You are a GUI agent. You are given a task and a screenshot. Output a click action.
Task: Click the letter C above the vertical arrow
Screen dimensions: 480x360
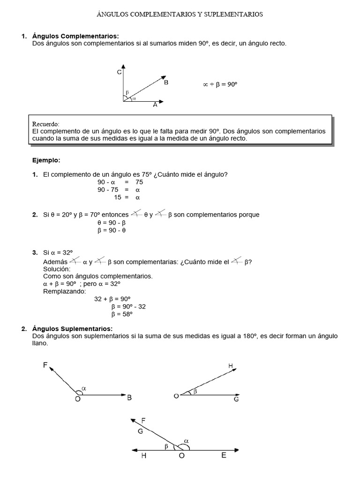coord(119,72)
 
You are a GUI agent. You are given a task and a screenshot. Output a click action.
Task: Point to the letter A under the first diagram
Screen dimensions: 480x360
coord(155,105)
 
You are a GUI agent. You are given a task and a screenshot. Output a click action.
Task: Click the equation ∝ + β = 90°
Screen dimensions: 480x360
coord(220,84)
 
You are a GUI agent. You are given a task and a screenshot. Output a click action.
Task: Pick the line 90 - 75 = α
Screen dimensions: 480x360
coord(119,190)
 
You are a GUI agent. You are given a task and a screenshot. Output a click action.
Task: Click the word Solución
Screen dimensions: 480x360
coord(57,269)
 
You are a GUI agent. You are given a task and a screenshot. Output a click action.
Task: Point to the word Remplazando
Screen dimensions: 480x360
coord(65,291)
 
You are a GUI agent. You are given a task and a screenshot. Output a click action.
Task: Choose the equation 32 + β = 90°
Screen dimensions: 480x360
coord(112,299)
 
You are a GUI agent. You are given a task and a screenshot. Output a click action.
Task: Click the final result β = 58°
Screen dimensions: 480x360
coord(122,315)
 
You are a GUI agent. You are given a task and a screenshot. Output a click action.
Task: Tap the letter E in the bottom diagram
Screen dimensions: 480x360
coord(224,455)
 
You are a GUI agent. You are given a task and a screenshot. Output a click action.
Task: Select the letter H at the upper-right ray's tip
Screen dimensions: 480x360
coord(230,366)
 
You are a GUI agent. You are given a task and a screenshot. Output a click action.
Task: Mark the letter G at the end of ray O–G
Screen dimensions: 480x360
coord(236,399)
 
